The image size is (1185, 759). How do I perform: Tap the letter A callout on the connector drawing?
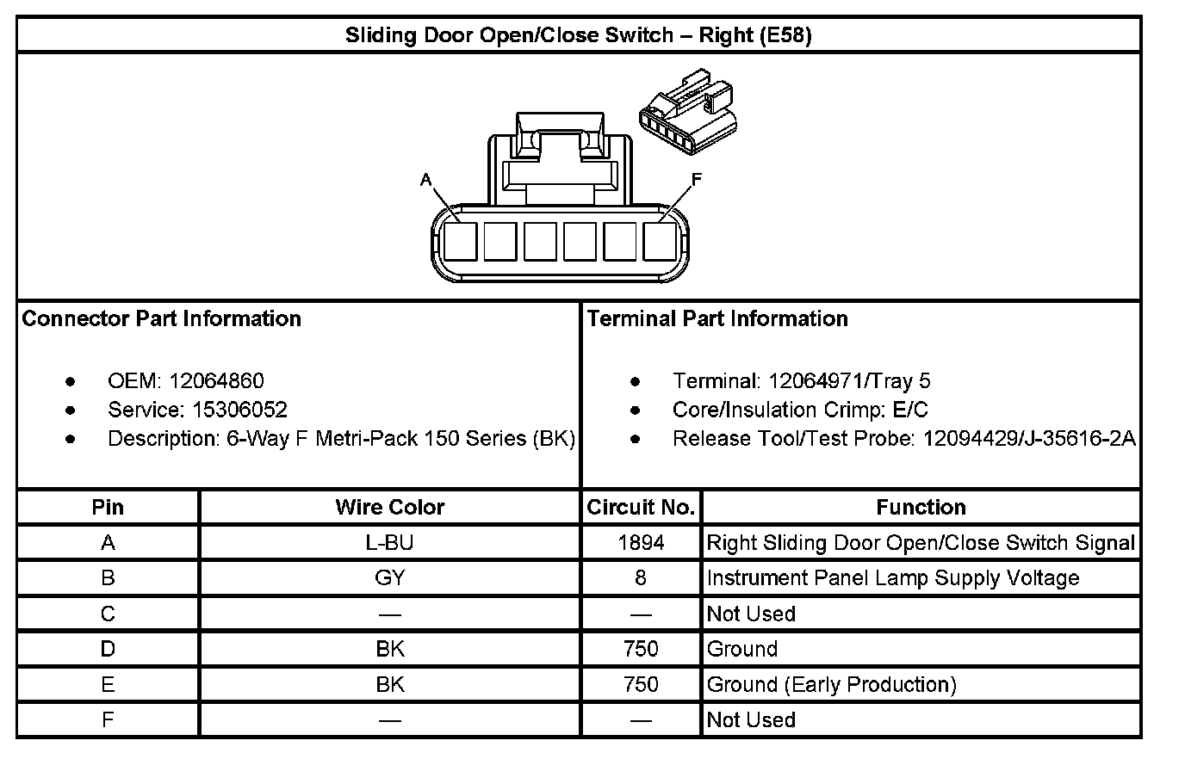tap(425, 180)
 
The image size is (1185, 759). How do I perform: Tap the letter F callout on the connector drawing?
tap(697, 179)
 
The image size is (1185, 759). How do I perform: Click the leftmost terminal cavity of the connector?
tap(460, 241)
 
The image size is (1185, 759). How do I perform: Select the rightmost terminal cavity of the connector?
tap(660, 241)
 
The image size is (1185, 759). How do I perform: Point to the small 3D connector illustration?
tap(687, 116)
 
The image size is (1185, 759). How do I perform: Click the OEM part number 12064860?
tap(216, 381)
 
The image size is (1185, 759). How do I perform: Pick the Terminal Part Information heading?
tap(717, 319)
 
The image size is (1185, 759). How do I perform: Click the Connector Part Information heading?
tap(161, 319)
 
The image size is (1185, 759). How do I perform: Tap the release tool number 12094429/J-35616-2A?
tap(1029, 439)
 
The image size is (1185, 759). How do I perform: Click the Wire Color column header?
tap(390, 508)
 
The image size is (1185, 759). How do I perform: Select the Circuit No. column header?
tap(641, 508)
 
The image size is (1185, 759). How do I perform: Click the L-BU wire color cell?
tap(390, 543)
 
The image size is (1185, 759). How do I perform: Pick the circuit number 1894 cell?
tap(641, 543)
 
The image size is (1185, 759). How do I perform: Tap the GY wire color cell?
tap(390, 578)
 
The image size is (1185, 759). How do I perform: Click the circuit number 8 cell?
tap(641, 578)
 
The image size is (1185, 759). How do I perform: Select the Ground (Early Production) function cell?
tap(831, 685)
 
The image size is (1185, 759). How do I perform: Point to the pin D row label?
tap(108, 650)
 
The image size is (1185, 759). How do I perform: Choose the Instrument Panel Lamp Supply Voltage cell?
tap(892, 578)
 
